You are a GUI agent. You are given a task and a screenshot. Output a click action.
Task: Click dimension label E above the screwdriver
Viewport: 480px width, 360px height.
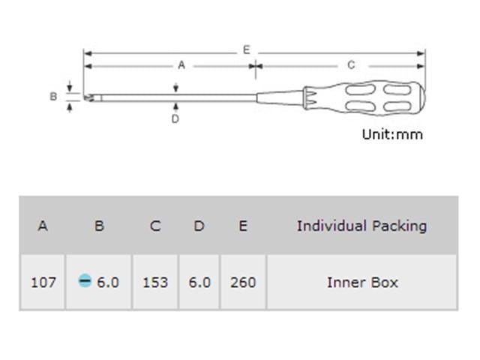(x=247, y=49)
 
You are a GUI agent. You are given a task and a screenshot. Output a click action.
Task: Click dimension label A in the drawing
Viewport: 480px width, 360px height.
(x=181, y=65)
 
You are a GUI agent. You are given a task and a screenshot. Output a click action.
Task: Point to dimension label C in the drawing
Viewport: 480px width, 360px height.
(x=351, y=65)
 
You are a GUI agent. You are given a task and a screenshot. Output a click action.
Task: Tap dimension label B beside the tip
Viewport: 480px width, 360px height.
(x=53, y=97)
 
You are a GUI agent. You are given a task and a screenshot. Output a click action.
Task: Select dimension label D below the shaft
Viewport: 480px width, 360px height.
(x=175, y=118)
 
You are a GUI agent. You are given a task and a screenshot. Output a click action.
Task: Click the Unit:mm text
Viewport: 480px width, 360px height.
(x=392, y=134)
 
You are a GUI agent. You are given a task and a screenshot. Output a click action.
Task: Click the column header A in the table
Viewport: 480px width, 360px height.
(x=43, y=226)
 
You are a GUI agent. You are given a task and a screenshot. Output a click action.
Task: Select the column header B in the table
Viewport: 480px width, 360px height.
(x=99, y=226)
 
